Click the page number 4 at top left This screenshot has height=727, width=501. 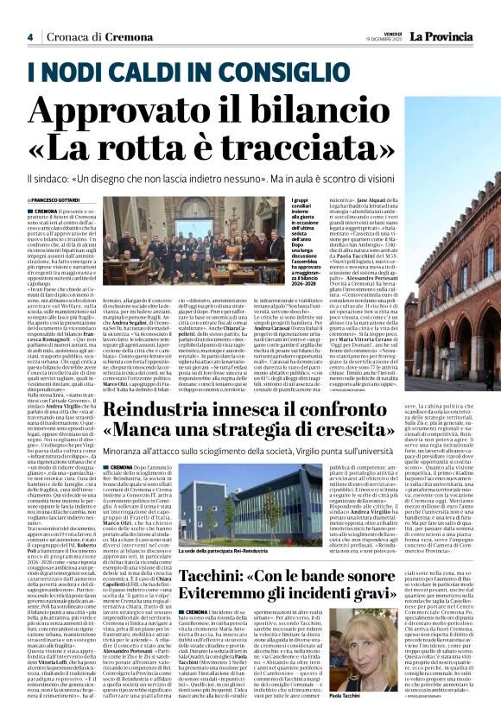click(x=29, y=36)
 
